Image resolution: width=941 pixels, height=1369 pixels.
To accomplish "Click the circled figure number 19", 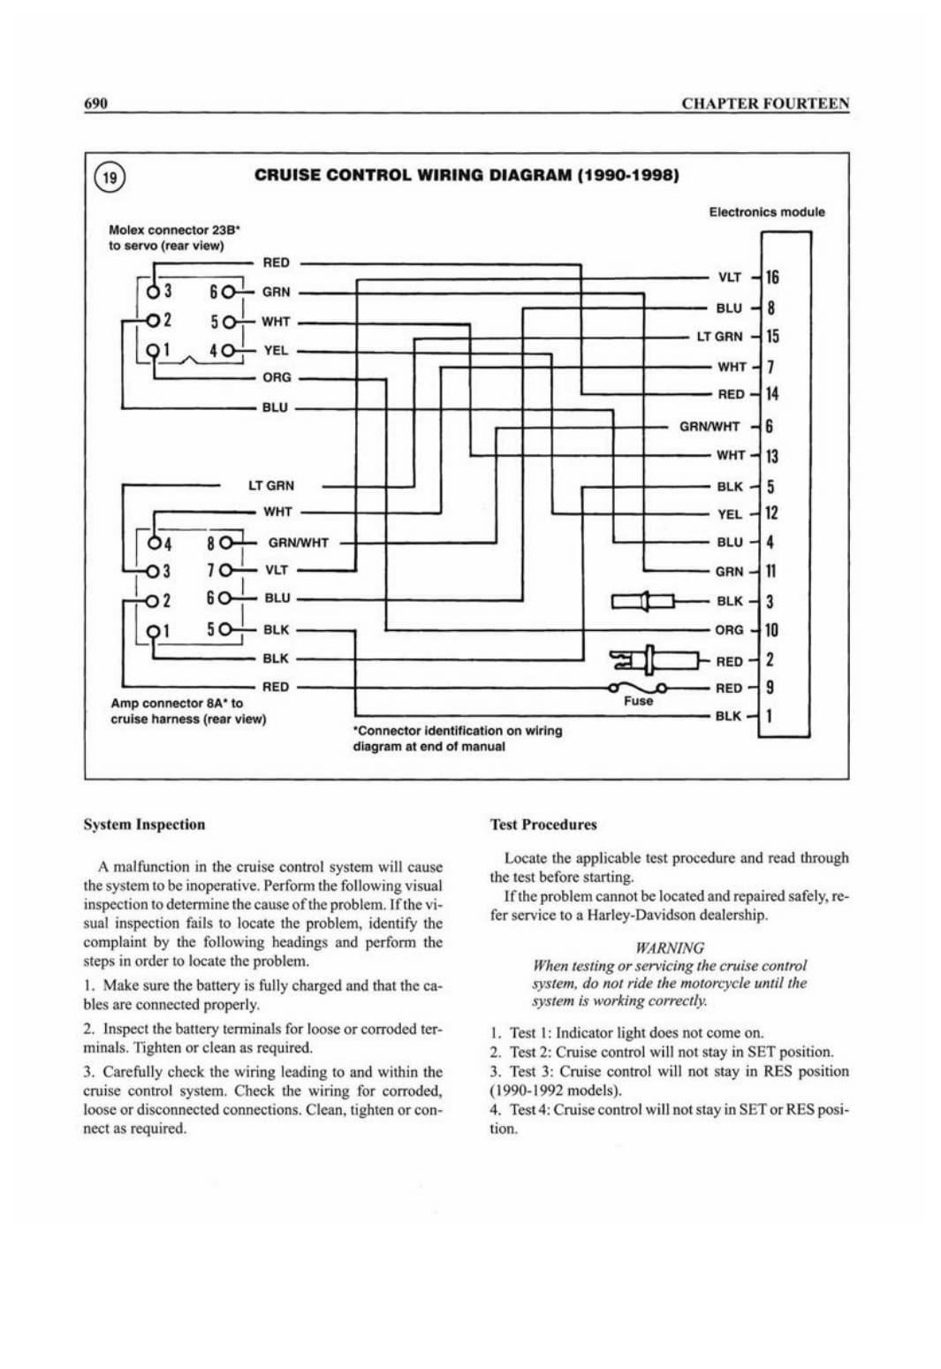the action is (x=110, y=178).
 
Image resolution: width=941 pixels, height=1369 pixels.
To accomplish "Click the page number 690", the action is (x=96, y=103).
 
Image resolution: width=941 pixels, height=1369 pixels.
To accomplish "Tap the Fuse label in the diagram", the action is (x=638, y=701).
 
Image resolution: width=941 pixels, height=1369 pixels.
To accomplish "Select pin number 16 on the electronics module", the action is (x=772, y=278).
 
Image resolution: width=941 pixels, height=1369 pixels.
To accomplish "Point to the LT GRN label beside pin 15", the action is (x=720, y=337).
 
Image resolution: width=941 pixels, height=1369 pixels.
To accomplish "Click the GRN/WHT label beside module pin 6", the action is (x=710, y=427).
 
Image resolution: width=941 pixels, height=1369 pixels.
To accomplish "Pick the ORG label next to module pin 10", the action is (x=729, y=630).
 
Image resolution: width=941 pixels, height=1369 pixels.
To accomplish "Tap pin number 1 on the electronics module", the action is (x=770, y=715).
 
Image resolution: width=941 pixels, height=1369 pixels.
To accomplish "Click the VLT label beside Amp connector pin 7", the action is (x=277, y=570).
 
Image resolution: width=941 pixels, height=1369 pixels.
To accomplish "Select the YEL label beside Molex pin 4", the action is (x=276, y=351).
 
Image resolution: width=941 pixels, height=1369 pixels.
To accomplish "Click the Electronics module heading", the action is (x=767, y=212).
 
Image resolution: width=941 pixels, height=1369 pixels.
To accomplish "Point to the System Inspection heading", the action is (x=144, y=825).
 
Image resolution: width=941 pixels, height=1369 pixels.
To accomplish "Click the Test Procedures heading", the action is (x=543, y=825).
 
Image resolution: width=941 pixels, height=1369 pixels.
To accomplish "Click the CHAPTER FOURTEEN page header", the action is (x=766, y=103).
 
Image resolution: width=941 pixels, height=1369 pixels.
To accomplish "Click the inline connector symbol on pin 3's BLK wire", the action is (x=643, y=601).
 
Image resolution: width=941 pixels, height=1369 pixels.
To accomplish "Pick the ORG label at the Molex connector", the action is (x=277, y=377).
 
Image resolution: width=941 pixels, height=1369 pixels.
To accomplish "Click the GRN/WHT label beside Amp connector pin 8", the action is (x=298, y=543).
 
